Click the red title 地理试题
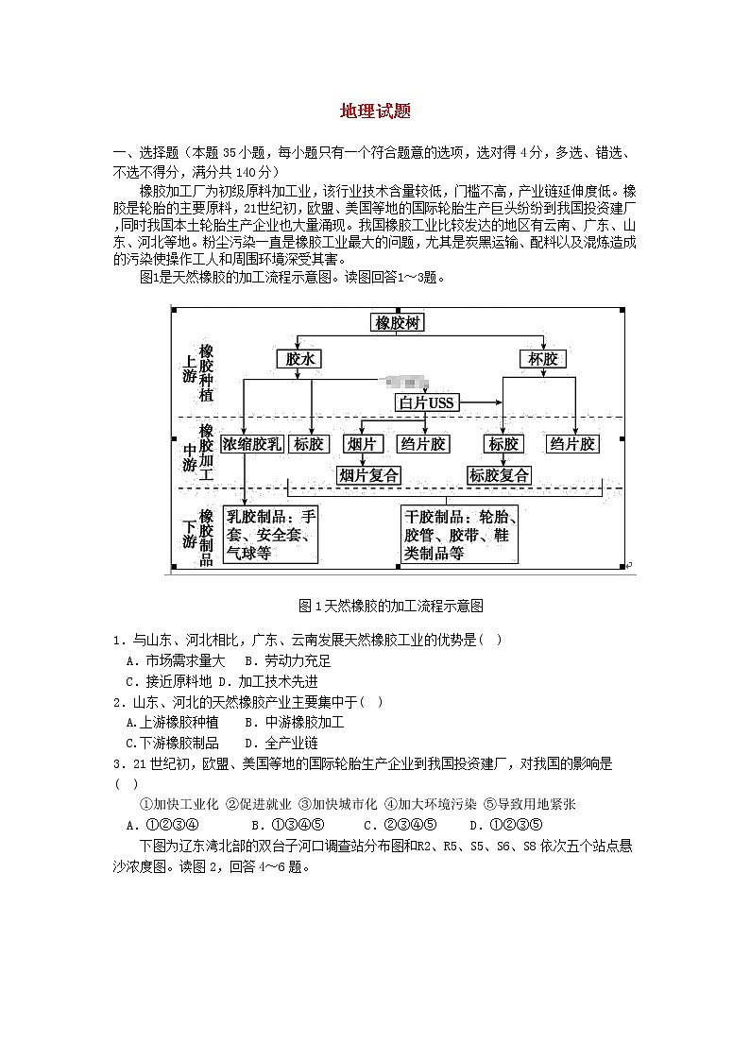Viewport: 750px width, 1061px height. [375, 111]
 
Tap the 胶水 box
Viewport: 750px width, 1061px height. [299, 359]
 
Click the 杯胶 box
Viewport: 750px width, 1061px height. [543, 359]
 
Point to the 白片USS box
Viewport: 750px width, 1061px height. [426, 403]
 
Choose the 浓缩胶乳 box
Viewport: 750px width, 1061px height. [252, 444]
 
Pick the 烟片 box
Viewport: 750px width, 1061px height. [362, 444]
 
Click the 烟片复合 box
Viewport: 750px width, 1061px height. [368, 475]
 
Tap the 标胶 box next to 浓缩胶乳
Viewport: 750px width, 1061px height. [309, 444]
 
